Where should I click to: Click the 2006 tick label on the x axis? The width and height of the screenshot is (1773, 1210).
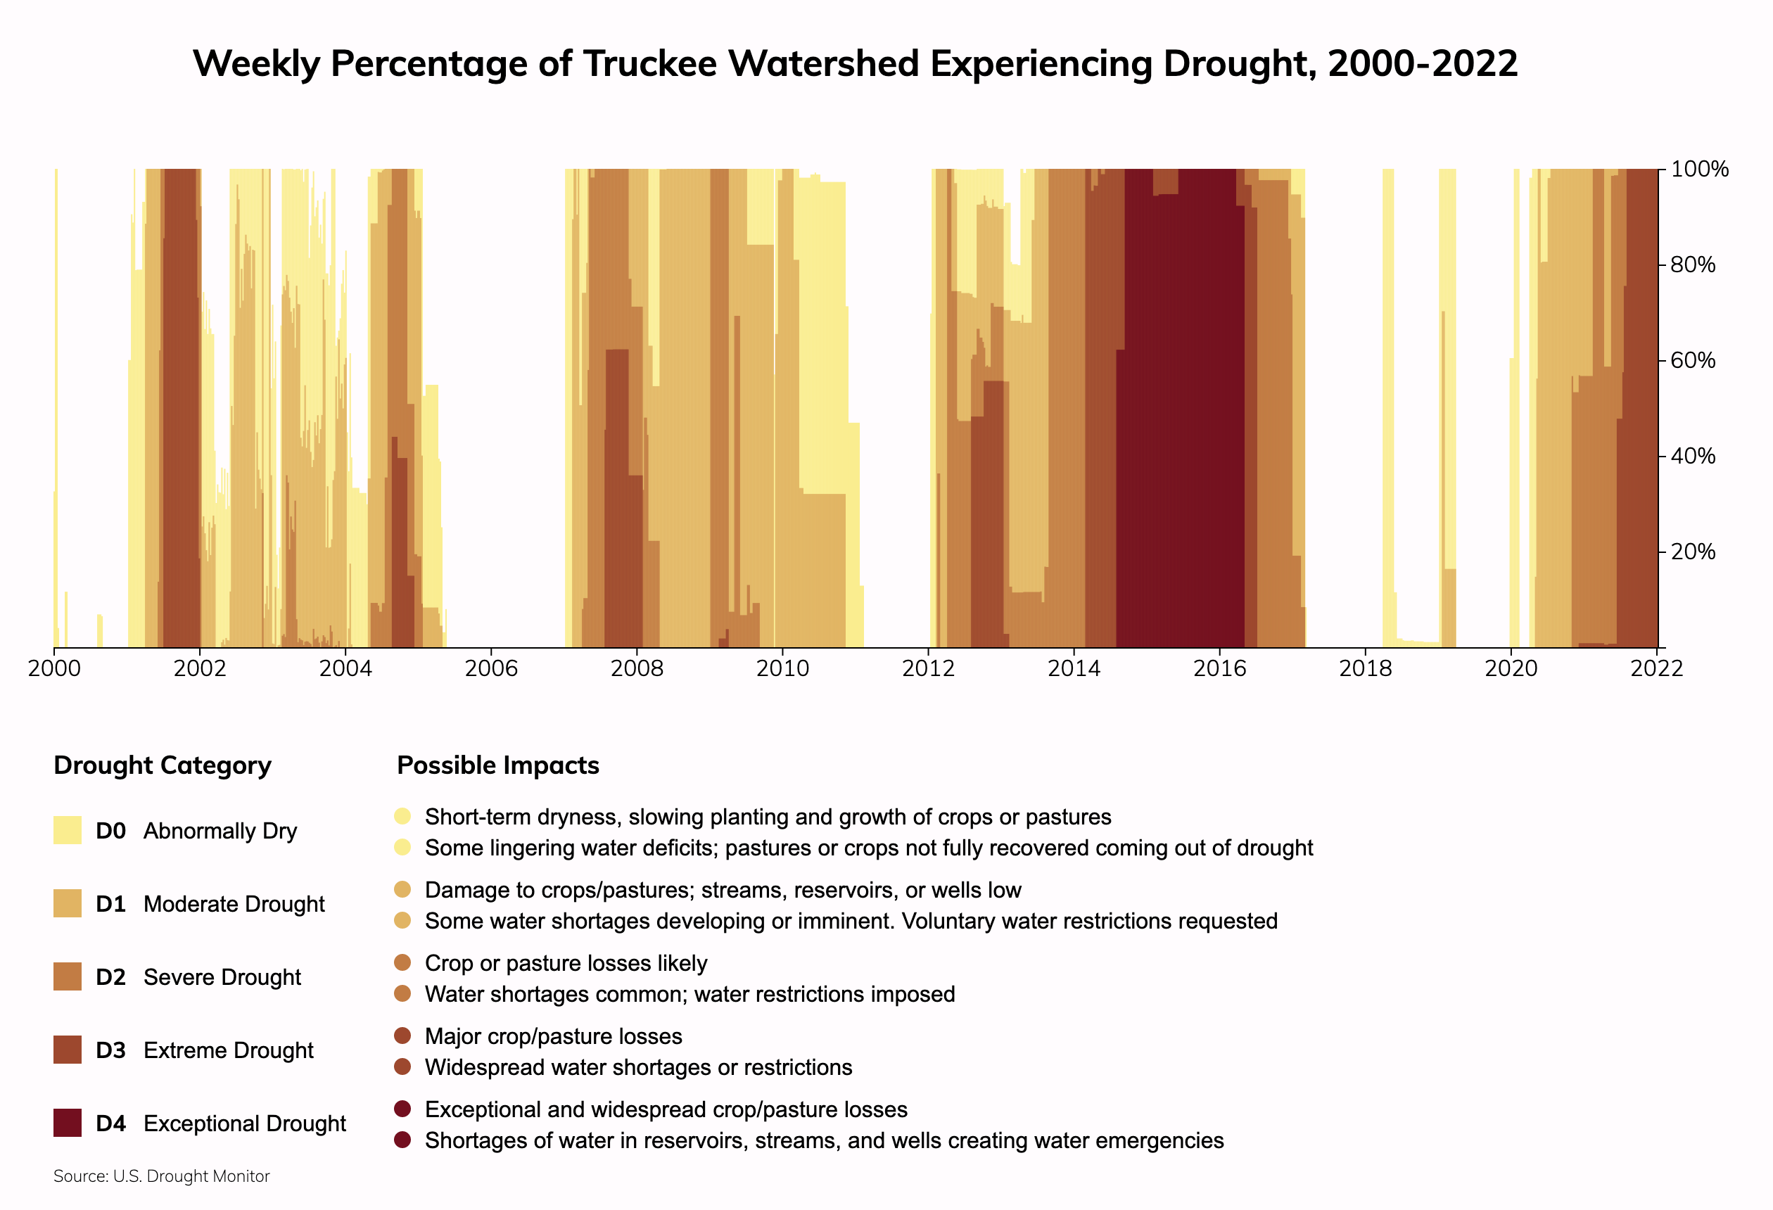491,669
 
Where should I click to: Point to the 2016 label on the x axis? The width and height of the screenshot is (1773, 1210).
1219,669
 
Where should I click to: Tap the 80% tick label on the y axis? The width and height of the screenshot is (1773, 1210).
1693,265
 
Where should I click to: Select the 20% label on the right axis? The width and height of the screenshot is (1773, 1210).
1693,552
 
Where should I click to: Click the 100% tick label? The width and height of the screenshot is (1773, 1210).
1699,170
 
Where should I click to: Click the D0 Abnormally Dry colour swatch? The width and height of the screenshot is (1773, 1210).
67,830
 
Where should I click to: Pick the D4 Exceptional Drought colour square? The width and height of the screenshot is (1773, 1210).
67,1123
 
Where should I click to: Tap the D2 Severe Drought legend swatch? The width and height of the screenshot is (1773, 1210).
67,976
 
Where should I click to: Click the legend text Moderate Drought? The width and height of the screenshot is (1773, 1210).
234,904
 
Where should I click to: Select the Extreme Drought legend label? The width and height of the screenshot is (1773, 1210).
228,1050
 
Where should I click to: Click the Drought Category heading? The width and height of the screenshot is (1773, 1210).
163,765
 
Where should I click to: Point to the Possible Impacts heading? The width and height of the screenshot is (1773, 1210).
498,765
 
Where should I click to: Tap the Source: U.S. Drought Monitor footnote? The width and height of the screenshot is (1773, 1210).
162,1176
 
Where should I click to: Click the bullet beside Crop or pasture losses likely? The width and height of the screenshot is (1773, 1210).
403,963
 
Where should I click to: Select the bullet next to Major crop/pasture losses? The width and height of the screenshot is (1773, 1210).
403,1036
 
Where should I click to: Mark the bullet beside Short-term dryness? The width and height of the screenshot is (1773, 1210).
403,816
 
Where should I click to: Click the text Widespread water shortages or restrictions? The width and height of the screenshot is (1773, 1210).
639,1067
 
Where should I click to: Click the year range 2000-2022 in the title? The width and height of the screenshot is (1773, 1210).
1423,63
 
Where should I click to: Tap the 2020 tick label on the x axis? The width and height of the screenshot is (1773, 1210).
1511,669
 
